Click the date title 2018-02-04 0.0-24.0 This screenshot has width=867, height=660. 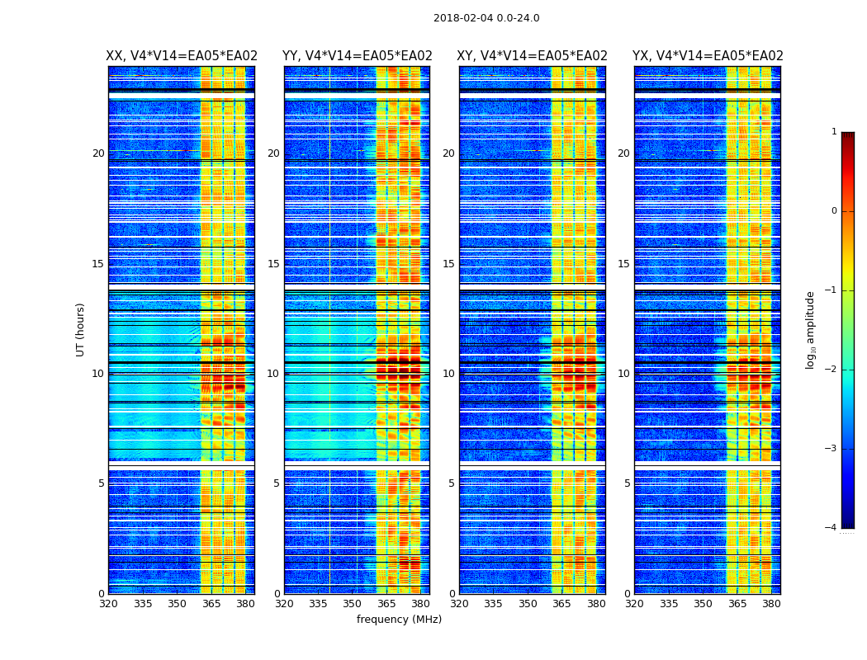click(486, 18)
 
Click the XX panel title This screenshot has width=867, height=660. click(182, 56)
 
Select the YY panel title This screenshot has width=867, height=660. click(357, 56)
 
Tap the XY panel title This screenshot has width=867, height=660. click(532, 56)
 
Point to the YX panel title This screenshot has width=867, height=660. click(708, 56)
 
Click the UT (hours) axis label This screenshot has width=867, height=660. click(80, 329)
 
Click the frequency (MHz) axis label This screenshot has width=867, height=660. click(399, 620)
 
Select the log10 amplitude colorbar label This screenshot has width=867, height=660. click(811, 329)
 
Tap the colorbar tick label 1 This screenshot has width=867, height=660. click(834, 132)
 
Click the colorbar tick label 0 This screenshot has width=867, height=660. click(834, 211)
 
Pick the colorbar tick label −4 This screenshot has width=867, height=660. click(831, 528)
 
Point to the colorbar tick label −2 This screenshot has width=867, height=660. click(831, 370)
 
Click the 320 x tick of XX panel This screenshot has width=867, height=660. click(108, 605)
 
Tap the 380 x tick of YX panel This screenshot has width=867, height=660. click(771, 605)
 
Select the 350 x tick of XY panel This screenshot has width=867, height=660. click(528, 605)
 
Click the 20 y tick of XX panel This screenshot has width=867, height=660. click(98, 153)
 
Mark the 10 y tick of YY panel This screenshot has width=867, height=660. click(273, 374)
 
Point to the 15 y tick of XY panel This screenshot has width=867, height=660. click(448, 264)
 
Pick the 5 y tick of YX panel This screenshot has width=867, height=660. click(627, 483)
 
